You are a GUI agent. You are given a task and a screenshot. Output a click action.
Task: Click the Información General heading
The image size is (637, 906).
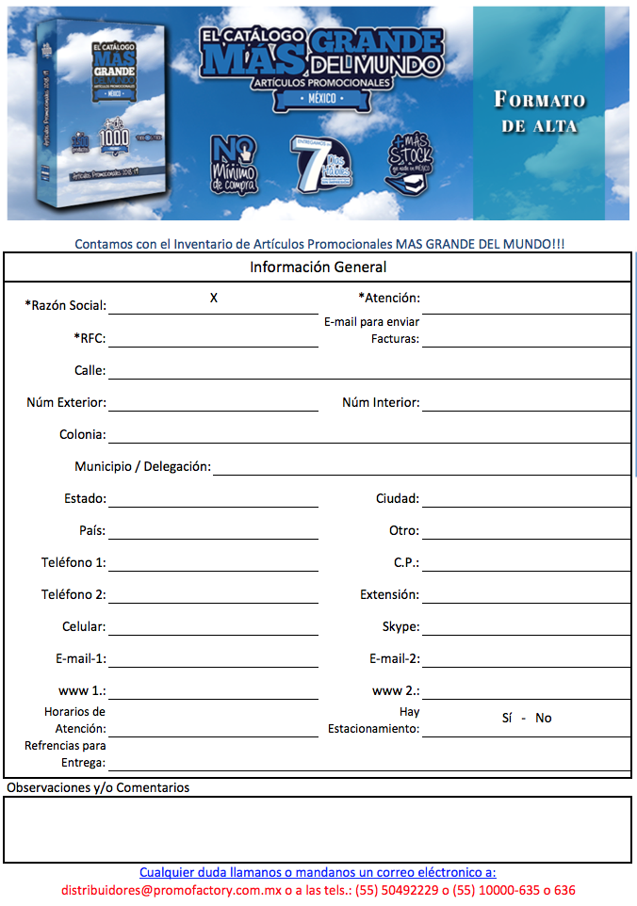(x=318, y=267)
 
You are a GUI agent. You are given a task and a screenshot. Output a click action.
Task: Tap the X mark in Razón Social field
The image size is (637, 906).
(x=214, y=298)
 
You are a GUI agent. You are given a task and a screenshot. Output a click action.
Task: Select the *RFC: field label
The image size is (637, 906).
(x=90, y=338)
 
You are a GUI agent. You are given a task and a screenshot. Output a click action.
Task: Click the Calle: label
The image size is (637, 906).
(x=90, y=370)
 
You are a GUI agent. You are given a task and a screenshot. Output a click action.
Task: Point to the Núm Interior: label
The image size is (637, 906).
(x=381, y=402)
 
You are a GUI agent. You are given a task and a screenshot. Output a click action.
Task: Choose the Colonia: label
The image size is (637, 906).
(x=82, y=435)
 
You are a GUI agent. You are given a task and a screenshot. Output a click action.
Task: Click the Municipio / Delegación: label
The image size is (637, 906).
(x=142, y=467)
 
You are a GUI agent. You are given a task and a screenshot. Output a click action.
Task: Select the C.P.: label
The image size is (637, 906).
(x=406, y=562)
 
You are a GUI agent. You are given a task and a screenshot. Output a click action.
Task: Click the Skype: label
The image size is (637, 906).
(x=400, y=626)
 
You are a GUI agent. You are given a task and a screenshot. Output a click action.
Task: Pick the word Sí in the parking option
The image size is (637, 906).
(x=507, y=718)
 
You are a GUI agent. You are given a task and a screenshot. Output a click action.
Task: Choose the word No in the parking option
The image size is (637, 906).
(x=544, y=718)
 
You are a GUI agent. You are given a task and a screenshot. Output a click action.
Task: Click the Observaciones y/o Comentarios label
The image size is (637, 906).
(x=98, y=787)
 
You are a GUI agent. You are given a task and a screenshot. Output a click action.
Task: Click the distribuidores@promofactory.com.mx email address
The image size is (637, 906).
(x=178, y=890)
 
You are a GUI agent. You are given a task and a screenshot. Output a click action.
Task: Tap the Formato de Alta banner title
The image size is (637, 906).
(x=540, y=112)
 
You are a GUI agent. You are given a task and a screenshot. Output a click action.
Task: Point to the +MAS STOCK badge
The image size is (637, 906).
(x=412, y=160)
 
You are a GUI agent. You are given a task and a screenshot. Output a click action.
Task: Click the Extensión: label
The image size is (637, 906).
(x=389, y=594)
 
